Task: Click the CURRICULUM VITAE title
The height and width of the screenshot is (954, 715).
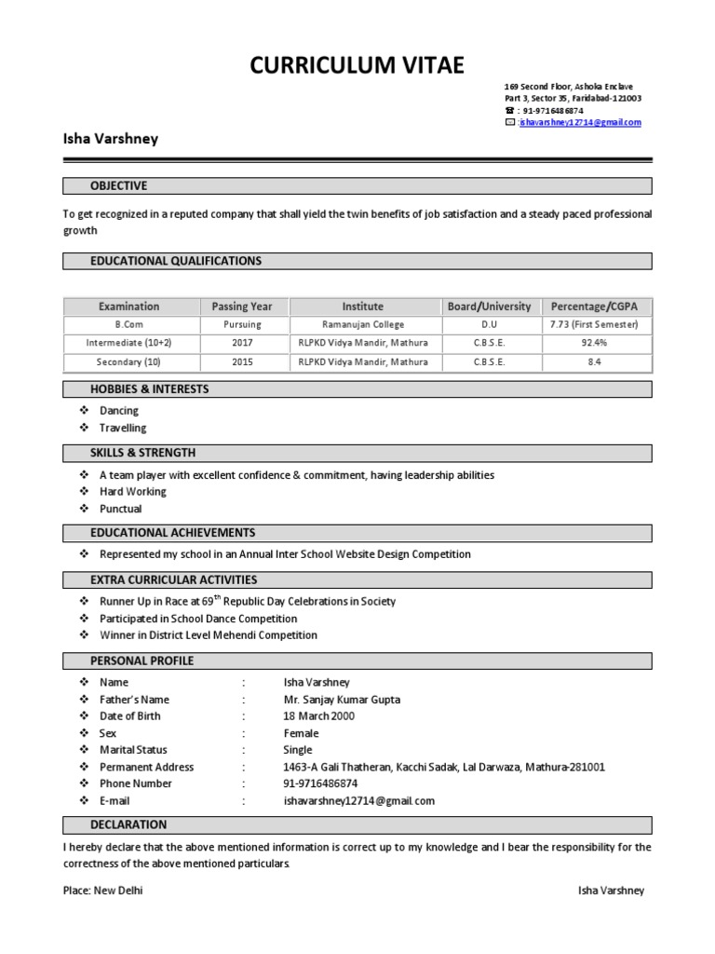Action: pyautogui.click(x=357, y=65)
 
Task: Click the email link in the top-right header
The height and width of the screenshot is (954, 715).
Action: pyautogui.click(x=580, y=122)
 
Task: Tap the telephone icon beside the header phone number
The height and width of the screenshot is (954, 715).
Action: pyautogui.click(x=509, y=110)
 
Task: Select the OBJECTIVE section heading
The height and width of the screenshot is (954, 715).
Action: pyautogui.click(x=118, y=185)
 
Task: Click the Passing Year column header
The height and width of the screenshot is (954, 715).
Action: pyautogui.click(x=242, y=306)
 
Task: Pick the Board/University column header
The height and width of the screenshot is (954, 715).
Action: pyautogui.click(x=489, y=306)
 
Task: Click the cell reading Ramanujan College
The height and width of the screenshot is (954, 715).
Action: pyautogui.click(x=363, y=324)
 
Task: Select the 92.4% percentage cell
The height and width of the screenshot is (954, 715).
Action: pyautogui.click(x=594, y=343)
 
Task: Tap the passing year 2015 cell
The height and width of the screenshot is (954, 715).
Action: pyautogui.click(x=242, y=361)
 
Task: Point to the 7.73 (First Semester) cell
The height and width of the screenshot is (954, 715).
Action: pyautogui.click(x=594, y=324)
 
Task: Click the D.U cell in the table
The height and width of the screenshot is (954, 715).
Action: pyautogui.click(x=489, y=324)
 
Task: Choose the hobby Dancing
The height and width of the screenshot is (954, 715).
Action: pyautogui.click(x=119, y=410)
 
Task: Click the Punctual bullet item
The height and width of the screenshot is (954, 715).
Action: pyautogui.click(x=121, y=509)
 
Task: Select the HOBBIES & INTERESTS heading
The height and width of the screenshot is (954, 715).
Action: pyautogui.click(x=149, y=388)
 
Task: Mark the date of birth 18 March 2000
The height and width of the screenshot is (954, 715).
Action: pyautogui.click(x=318, y=716)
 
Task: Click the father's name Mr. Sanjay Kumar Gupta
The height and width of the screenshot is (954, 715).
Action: pyautogui.click(x=342, y=700)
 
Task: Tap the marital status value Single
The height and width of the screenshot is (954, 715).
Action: pyautogui.click(x=298, y=750)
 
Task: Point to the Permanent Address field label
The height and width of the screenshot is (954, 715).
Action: pyautogui.click(x=146, y=767)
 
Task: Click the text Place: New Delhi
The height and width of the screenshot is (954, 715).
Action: pyautogui.click(x=102, y=891)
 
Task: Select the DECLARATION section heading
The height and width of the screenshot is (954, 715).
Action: pyautogui.click(x=128, y=825)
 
